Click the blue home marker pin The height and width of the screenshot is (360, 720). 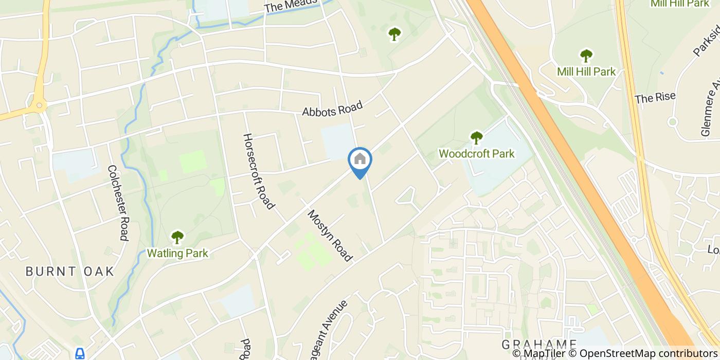[x=360, y=160]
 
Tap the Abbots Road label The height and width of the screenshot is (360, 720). [x=332, y=109]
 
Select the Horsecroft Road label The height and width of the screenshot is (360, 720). [x=258, y=172]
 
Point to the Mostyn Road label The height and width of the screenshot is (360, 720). [x=330, y=235]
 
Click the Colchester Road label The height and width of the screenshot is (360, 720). [x=117, y=203]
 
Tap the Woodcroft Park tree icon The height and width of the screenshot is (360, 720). [x=477, y=138]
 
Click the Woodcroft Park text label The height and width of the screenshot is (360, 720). [x=476, y=153]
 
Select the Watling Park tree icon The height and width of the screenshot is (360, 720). [x=177, y=237]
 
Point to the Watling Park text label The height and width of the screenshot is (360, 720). [x=177, y=253]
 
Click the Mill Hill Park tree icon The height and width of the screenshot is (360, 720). [x=586, y=56]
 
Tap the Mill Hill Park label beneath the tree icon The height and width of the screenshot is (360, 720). [x=586, y=71]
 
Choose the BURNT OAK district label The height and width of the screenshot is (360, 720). [x=69, y=272]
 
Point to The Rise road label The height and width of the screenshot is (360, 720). [x=655, y=98]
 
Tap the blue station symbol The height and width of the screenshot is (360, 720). [x=80, y=353]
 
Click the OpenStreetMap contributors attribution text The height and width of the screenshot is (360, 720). [x=647, y=353]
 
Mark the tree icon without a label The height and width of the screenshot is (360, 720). [x=394, y=34]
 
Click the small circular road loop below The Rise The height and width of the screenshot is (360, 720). [x=672, y=122]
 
